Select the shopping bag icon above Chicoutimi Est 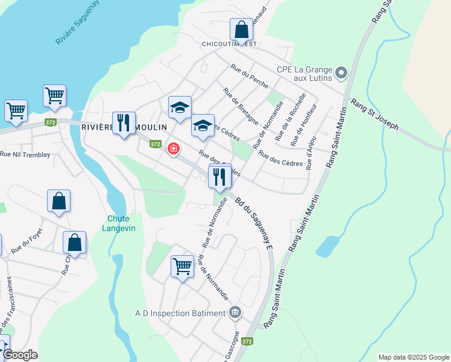click(241, 30)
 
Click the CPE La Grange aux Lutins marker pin click(341, 73)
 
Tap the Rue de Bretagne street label click(240, 106)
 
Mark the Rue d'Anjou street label click(311, 154)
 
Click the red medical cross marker click(173, 148)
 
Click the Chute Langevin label click(121, 223)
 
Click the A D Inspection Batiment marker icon click(235, 313)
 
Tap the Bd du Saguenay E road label click(255, 223)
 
